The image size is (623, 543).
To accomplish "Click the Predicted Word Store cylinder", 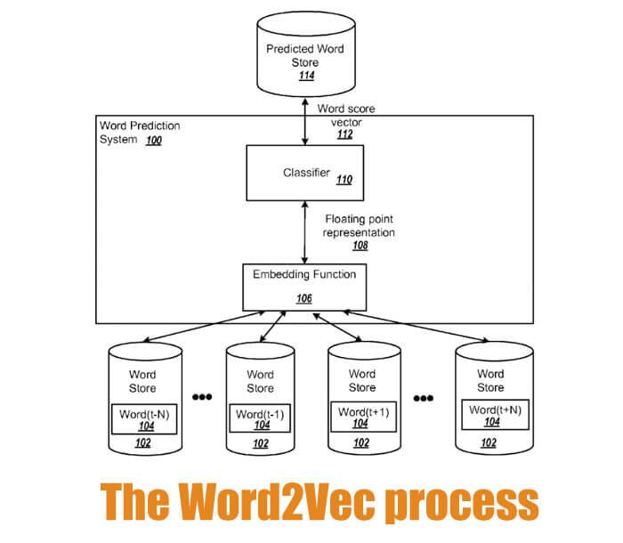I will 305,55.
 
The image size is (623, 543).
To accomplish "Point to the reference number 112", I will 344,135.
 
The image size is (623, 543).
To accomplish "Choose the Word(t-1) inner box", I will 261,419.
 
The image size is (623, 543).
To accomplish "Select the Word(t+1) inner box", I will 361,417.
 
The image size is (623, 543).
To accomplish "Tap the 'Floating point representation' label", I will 360,224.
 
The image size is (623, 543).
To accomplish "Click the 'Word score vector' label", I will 346,115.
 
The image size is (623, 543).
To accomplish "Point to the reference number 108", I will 359,246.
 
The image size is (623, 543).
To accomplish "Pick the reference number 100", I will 153,141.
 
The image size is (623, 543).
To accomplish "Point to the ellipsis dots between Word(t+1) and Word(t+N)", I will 423,397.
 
